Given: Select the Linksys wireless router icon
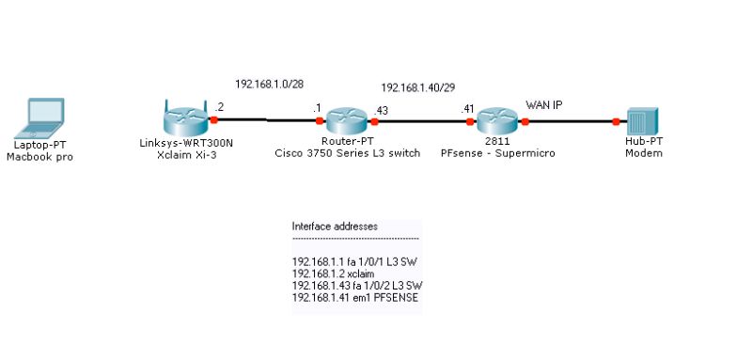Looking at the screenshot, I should click(x=184, y=119).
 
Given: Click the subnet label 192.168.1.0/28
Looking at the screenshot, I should click(x=269, y=83).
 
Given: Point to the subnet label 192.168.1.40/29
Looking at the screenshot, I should click(x=418, y=87).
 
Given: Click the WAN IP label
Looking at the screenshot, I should click(x=543, y=104).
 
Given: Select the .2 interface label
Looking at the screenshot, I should click(x=219, y=107).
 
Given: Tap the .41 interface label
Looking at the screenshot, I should click(x=467, y=109).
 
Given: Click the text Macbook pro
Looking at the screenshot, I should click(x=39, y=157).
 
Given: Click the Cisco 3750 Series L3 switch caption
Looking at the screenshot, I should click(x=347, y=152).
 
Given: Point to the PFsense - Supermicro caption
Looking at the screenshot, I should click(x=492, y=152).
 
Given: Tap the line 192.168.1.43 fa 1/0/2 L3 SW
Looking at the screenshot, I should click(x=357, y=285).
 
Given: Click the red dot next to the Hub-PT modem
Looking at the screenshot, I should click(x=617, y=120).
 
